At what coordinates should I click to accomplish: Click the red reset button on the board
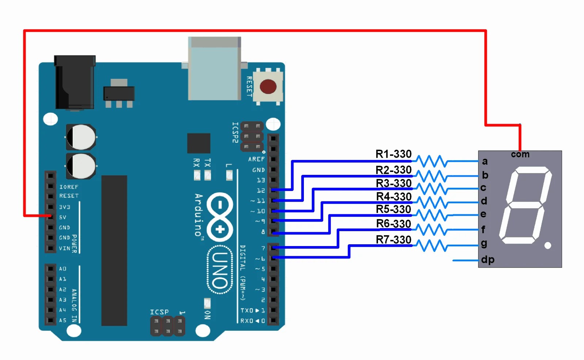click(268, 87)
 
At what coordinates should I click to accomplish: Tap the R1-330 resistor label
click(393, 154)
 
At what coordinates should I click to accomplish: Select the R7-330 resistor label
click(393, 240)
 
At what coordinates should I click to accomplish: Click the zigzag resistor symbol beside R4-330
click(432, 202)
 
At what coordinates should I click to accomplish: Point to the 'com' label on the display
click(520, 154)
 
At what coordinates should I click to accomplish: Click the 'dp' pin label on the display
click(488, 260)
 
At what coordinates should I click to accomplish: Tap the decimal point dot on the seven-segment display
click(547, 245)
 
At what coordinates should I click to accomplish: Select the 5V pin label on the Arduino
click(63, 217)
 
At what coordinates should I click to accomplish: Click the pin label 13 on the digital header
click(261, 180)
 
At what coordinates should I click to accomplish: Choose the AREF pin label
click(256, 159)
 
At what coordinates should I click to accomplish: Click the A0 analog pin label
click(62, 269)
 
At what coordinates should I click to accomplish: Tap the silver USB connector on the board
click(214, 68)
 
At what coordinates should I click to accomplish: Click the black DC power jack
click(75, 82)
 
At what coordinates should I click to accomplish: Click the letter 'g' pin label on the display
click(484, 243)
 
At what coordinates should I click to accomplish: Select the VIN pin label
click(64, 248)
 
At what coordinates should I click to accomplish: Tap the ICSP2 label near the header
click(235, 132)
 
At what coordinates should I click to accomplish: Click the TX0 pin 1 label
click(252, 310)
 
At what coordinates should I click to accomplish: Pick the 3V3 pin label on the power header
click(64, 207)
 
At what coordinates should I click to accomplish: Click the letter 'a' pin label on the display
click(485, 161)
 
